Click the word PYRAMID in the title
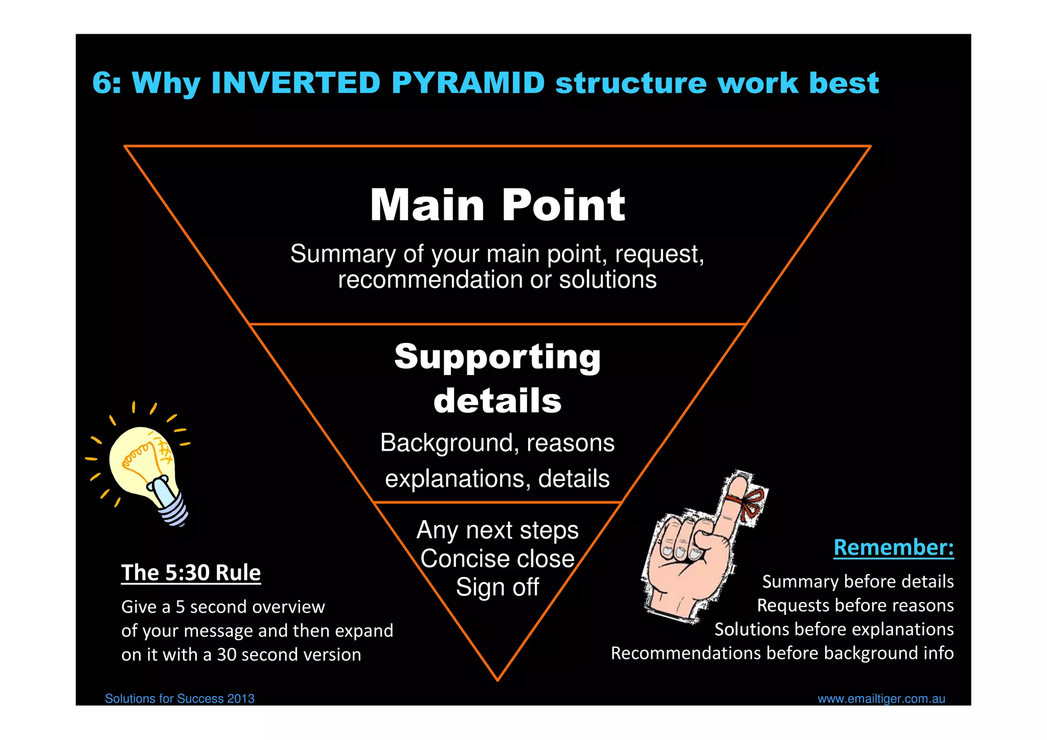tap(468, 83)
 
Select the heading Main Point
tap(497, 205)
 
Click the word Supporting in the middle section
tap(497, 357)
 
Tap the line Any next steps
tap(497, 530)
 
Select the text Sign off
tap(497, 587)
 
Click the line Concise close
tap(497, 559)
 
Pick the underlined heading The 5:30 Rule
tap(191, 573)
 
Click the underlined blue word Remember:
tap(893, 547)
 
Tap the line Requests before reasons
tap(855, 606)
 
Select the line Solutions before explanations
tap(834, 630)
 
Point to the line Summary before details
tap(857, 582)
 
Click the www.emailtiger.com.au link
tap(881, 699)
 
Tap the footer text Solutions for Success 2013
tap(179, 699)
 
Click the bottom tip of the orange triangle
tap(497, 679)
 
